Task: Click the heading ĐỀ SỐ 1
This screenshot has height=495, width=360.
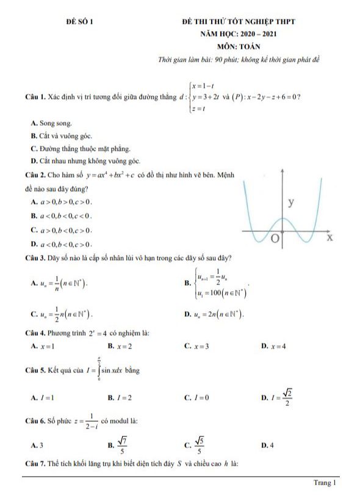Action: click(79, 21)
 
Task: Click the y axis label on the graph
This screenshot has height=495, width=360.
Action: click(291, 201)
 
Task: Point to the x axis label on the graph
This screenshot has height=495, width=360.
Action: click(329, 237)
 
